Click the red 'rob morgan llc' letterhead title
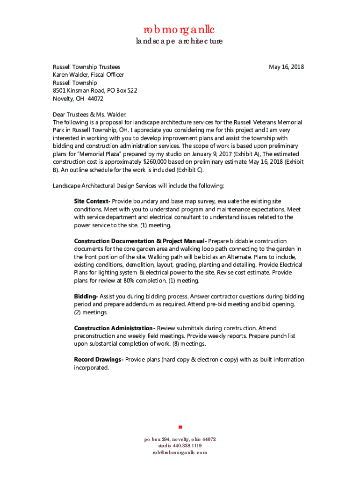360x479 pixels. (x=179, y=30)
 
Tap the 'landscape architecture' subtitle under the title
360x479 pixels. (x=179, y=41)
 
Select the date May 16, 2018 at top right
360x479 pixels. (x=286, y=67)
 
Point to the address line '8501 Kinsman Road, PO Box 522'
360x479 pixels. (x=94, y=91)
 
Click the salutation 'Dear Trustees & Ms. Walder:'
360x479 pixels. (x=89, y=115)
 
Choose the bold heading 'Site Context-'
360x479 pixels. (x=92, y=201)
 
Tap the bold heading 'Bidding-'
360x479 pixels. (x=86, y=297)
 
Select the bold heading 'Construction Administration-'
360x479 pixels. (x=115, y=328)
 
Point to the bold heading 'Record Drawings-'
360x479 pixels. (x=99, y=360)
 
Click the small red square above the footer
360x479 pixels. (x=180, y=427)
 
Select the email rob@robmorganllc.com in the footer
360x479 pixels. (x=180, y=453)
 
